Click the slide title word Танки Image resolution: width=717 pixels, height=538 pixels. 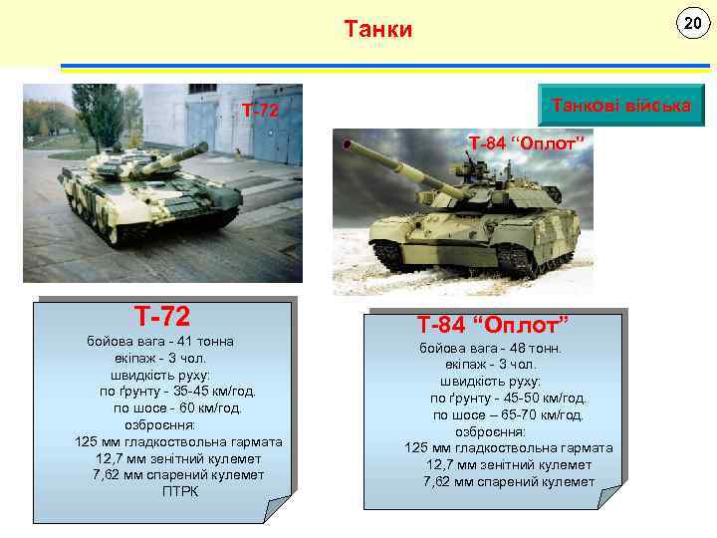[377, 29]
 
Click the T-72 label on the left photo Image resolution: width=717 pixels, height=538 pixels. [260, 110]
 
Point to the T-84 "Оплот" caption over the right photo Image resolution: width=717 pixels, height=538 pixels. [524, 143]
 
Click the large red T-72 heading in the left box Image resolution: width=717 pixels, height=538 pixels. [163, 317]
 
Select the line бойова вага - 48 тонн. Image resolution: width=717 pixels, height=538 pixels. [491, 349]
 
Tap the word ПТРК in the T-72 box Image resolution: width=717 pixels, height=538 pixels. [180, 491]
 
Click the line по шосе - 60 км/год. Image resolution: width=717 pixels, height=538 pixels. [177, 407]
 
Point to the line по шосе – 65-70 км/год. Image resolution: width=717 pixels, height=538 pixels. [508, 414]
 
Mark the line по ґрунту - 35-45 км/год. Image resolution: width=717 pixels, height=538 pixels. [177, 391]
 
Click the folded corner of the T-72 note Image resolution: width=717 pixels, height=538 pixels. [278, 509]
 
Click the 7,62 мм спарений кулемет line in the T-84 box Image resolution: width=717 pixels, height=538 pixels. [509, 481]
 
